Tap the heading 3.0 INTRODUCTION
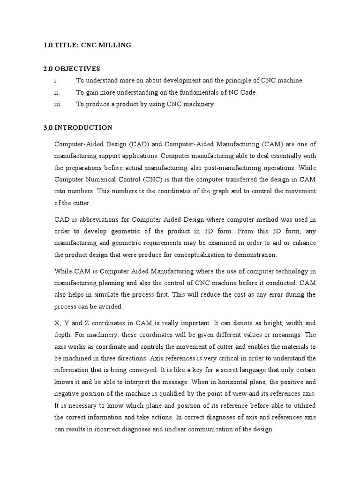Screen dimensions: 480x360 click(77, 127)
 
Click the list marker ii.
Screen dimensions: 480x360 click(58, 93)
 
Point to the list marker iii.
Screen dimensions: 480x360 click(58, 105)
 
